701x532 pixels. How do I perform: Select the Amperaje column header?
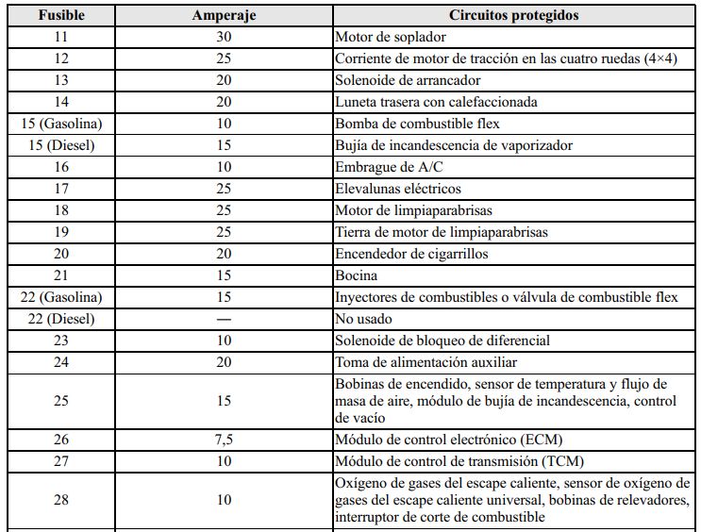[x=225, y=16]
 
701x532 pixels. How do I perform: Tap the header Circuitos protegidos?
[x=516, y=16]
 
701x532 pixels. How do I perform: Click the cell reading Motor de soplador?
[x=391, y=38]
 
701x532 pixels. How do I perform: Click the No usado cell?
[x=364, y=319]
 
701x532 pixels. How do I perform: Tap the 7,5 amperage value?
[x=225, y=439]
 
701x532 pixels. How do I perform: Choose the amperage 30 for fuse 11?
[x=225, y=38]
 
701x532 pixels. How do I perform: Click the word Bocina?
[x=357, y=275]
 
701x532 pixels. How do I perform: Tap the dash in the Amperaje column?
[x=225, y=319]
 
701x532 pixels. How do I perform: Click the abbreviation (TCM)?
[x=564, y=460]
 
